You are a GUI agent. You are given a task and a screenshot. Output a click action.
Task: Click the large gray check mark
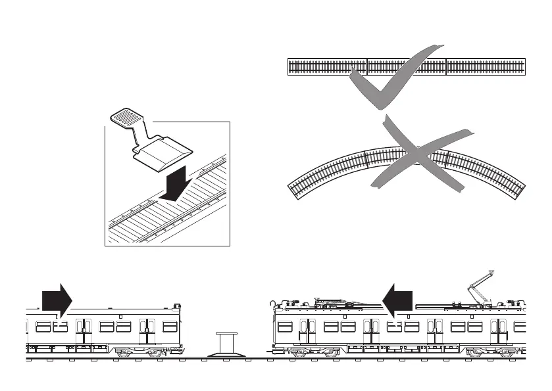coord(395,82)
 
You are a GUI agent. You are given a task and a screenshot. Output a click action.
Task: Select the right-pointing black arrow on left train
coord(57,300)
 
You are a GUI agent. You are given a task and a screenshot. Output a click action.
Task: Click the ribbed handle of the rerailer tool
coord(128,118)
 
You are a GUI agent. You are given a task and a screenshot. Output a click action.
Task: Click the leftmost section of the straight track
coord(327,67)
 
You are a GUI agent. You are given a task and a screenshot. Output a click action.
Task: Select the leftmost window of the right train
coord(285,327)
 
